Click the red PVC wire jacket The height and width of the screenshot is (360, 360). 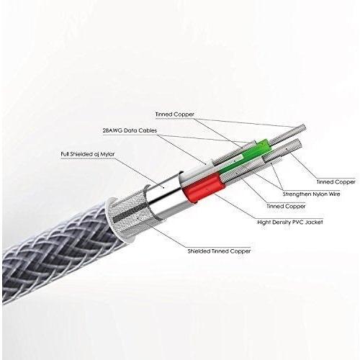[x=204, y=186]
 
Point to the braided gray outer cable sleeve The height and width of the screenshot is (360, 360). [x=58, y=252]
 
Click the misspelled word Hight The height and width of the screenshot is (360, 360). [x=264, y=222]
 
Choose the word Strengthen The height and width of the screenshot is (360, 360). [x=296, y=194]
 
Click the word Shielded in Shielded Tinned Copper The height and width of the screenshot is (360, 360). [x=199, y=251]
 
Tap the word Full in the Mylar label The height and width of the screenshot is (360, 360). [x=65, y=154]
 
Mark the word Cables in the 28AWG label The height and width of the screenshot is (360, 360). [x=148, y=130]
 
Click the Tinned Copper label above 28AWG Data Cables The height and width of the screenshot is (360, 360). [x=175, y=114]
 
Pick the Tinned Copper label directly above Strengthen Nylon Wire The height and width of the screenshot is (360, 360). [x=336, y=182]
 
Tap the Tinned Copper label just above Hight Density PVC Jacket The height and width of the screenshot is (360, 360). [x=286, y=206]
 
